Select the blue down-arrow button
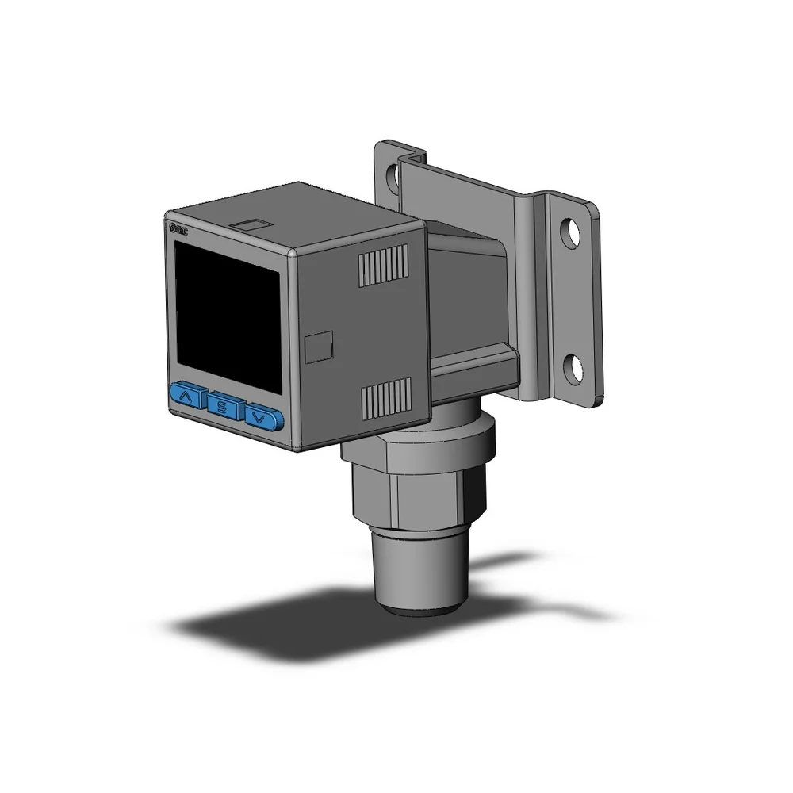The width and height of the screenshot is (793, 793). (x=263, y=416)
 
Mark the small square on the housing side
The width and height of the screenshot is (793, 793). (x=320, y=346)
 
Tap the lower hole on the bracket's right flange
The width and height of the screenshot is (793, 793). (x=572, y=366)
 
